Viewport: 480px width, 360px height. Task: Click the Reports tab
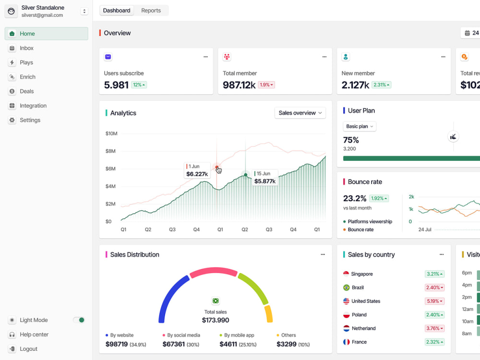(151, 11)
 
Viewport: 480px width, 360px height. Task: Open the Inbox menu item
(26, 48)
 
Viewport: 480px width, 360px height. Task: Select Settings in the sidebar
(30, 120)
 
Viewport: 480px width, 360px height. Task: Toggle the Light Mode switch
(79, 320)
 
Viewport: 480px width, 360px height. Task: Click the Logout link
(28, 348)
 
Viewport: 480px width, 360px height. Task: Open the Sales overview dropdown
(300, 113)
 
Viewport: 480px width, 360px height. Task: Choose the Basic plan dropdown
(360, 126)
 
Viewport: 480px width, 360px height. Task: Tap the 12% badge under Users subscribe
(139, 85)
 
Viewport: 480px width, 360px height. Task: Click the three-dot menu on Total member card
(324, 57)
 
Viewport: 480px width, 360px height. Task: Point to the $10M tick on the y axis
(111, 133)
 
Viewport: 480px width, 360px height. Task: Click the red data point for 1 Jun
(217, 168)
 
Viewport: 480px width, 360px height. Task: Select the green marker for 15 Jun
(245, 175)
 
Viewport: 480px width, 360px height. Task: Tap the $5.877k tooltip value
(265, 181)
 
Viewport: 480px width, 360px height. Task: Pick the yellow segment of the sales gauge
(268, 314)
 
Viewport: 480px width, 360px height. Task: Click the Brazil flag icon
(346, 288)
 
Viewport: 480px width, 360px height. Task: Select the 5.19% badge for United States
(434, 301)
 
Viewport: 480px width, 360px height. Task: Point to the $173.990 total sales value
(216, 320)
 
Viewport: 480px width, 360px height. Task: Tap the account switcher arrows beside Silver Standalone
(84, 12)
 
